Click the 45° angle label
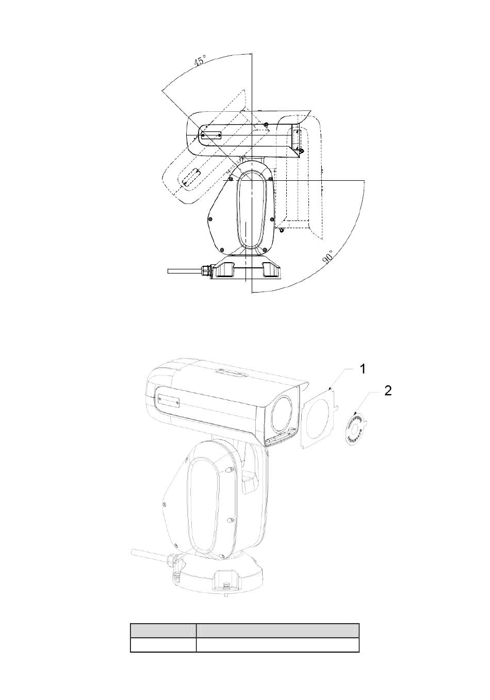(x=200, y=60)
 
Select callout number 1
(x=363, y=369)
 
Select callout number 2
(x=388, y=390)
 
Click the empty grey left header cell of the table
(x=163, y=630)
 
